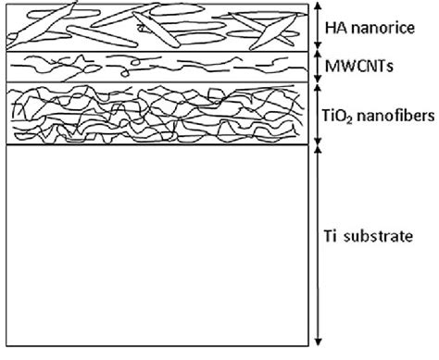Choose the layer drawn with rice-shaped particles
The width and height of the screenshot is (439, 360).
157,28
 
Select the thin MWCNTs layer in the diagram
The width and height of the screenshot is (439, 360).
157,67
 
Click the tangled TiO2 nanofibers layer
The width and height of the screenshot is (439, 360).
157,114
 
